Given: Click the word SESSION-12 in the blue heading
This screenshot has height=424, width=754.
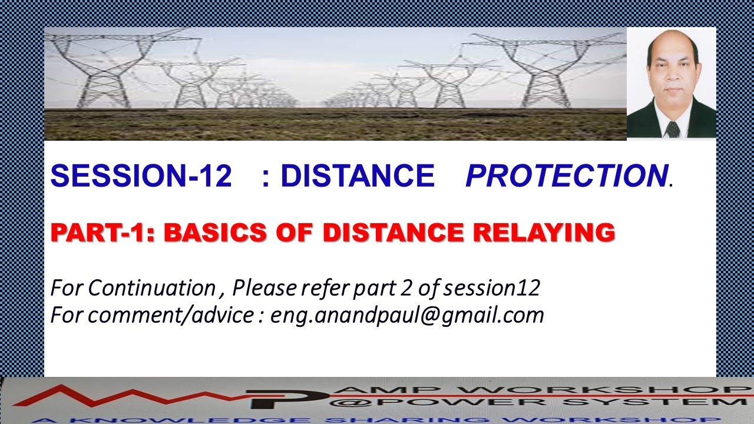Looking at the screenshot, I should pyautogui.click(x=141, y=176).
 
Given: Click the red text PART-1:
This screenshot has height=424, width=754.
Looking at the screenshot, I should pyautogui.click(x=104, y=233).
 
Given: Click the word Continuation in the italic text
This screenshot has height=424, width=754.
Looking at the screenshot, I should pyautogui.click(x=151, y=288).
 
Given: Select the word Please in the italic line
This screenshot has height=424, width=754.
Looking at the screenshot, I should pyautogui.click(x=264, y=288).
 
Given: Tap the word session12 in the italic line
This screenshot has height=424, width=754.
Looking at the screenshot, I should pyautogui.click(x=492, y=288).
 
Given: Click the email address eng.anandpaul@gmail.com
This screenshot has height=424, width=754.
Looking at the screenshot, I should pyautogui.click(x=407, y=316).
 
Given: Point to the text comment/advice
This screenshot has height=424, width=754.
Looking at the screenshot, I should pyautogui.click(x=171, y=316).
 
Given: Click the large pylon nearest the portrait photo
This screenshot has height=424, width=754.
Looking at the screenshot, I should pyautogui.click(x=548, y=68).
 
